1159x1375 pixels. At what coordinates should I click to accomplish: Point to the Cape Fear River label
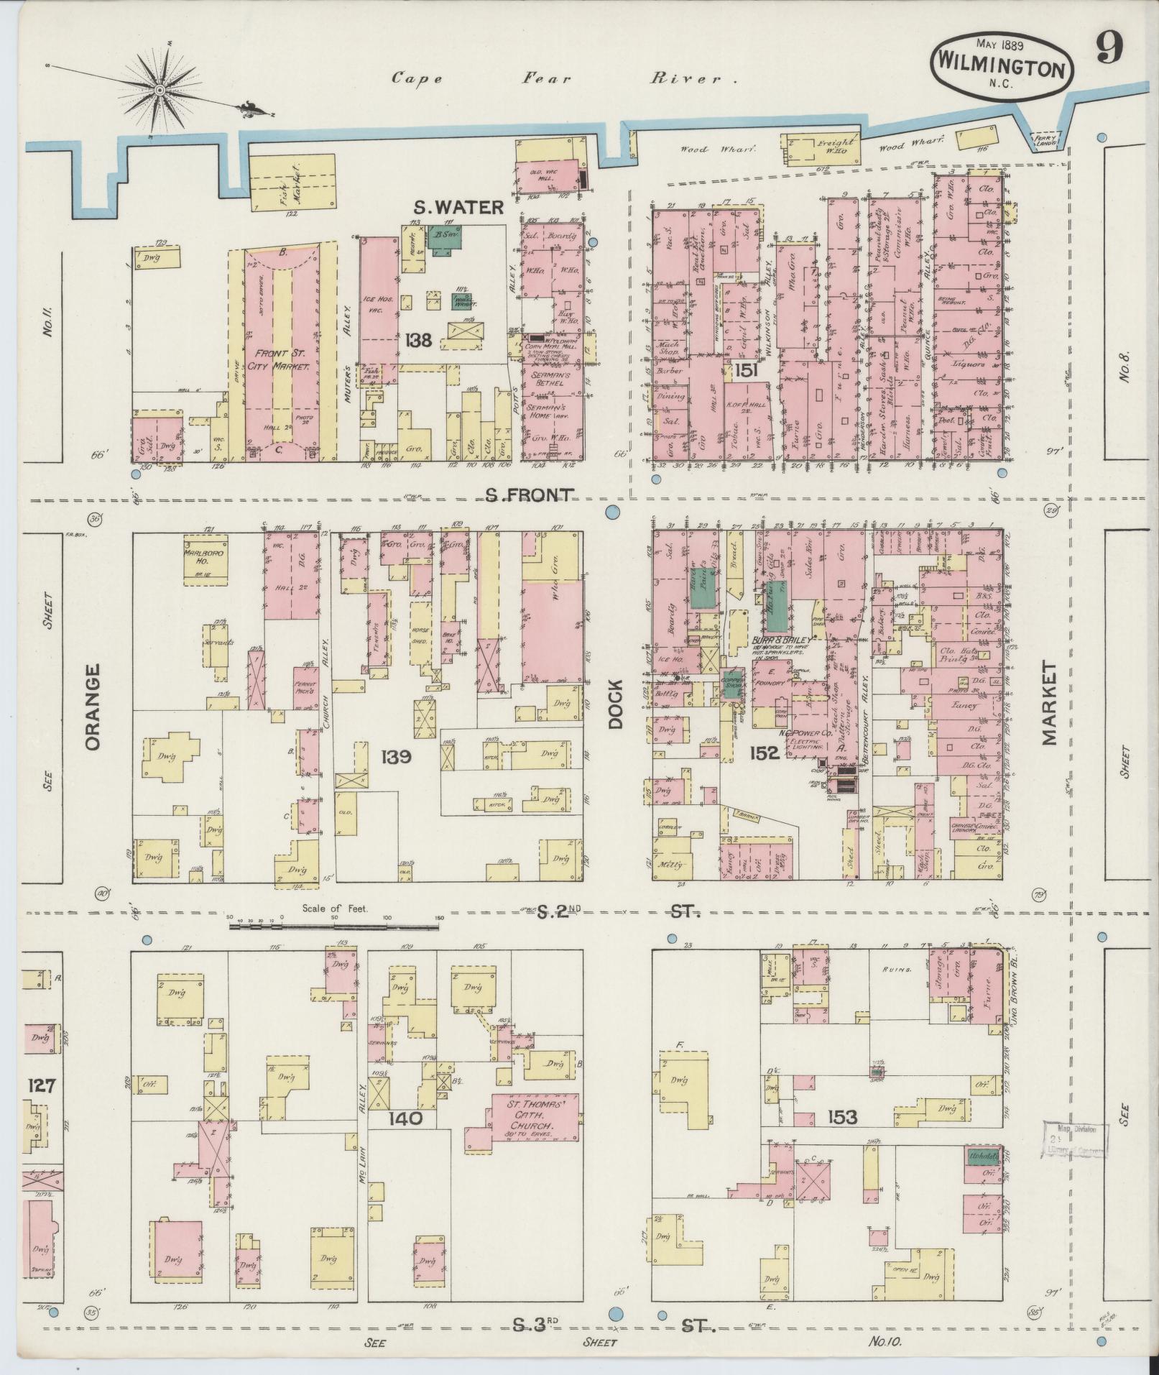564,78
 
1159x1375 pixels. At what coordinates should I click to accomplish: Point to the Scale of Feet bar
335,927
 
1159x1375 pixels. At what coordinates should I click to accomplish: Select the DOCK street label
616,705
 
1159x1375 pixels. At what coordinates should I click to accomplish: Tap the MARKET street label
1048,704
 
